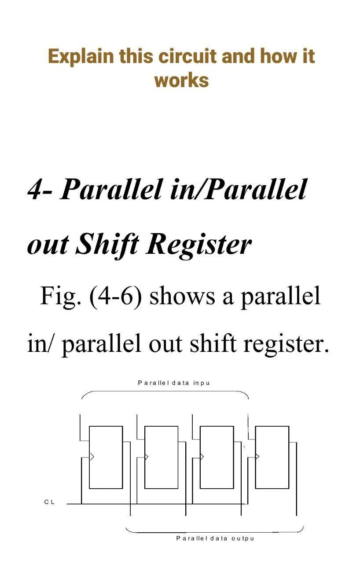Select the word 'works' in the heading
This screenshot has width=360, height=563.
click(181, 80)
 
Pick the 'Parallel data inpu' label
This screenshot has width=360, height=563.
click(174, 383)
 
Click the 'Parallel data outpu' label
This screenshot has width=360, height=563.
click(215, 538)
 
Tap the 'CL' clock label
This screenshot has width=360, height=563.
click(49, 502)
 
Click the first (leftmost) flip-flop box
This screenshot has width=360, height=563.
click(106, 457)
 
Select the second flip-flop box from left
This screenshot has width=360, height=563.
click(161, 457)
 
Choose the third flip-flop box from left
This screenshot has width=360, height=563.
click(217, 457)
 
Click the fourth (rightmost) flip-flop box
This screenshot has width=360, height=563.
click(272, 457)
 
